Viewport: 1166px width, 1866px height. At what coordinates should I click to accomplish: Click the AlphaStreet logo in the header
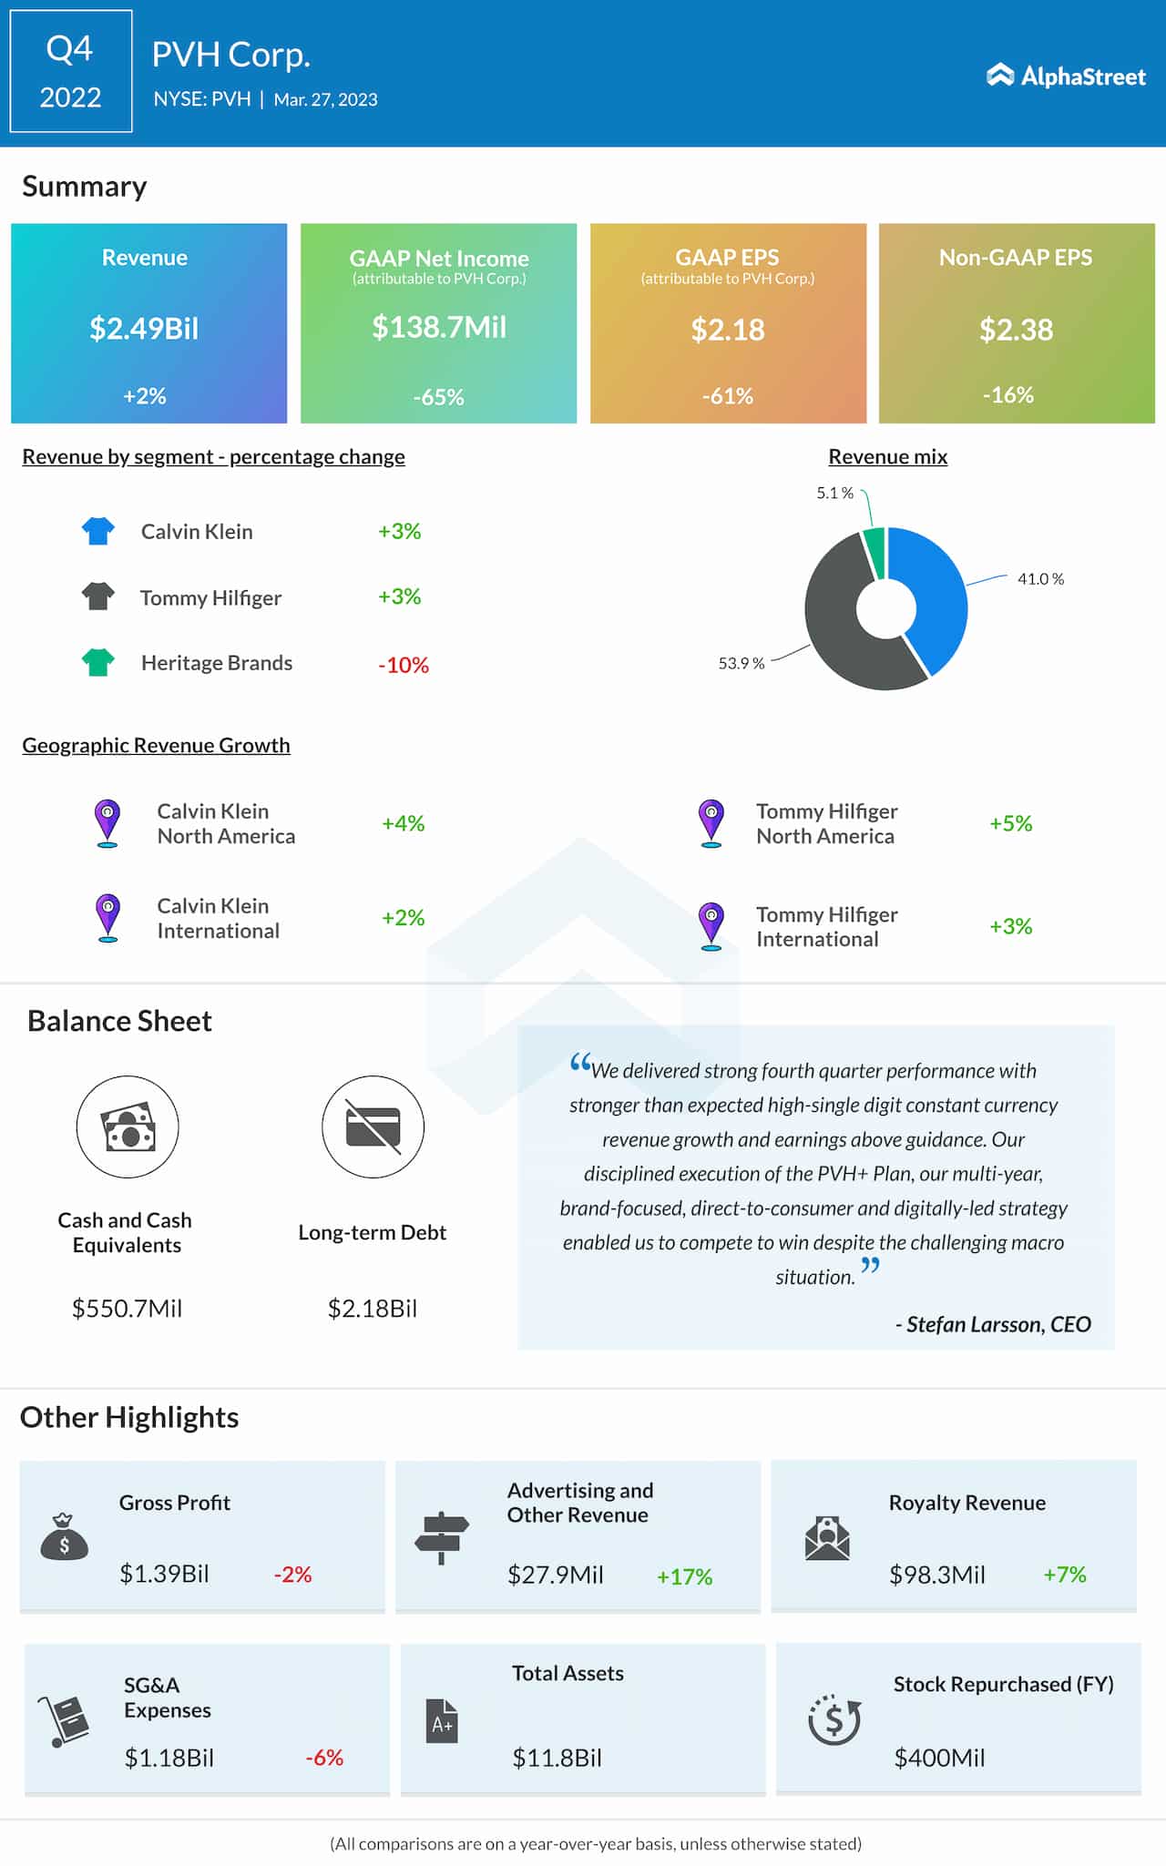point(1065,76)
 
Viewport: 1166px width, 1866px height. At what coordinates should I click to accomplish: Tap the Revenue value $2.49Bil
point(144,329)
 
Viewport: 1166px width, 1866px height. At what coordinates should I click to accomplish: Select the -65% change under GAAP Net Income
point(438,397)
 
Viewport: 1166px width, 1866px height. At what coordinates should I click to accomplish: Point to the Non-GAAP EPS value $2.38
point(1016,330)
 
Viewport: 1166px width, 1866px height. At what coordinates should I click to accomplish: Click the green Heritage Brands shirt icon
point(98,662)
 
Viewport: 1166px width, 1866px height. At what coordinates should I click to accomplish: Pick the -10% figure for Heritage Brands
point(404,666)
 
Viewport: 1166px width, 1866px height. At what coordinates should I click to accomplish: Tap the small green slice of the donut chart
point(875,550)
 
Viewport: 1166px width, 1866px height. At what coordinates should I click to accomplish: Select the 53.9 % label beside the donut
point(741,664)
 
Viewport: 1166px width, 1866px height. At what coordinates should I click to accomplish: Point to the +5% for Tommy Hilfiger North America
point(1010,824)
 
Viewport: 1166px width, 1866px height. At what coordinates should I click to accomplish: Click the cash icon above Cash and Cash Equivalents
point(128,1127)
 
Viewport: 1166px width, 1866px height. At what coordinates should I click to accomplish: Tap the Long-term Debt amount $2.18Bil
point(372,1309)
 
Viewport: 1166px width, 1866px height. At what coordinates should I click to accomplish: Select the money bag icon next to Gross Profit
point(64,1538)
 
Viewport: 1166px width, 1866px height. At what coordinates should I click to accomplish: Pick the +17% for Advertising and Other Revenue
point(684,1577)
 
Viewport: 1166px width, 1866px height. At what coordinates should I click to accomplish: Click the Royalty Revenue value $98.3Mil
point(936,1575)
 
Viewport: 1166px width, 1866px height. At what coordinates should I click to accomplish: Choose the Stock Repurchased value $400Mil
point(939,1759)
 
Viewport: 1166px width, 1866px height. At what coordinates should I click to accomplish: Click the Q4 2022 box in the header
point(71,72)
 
